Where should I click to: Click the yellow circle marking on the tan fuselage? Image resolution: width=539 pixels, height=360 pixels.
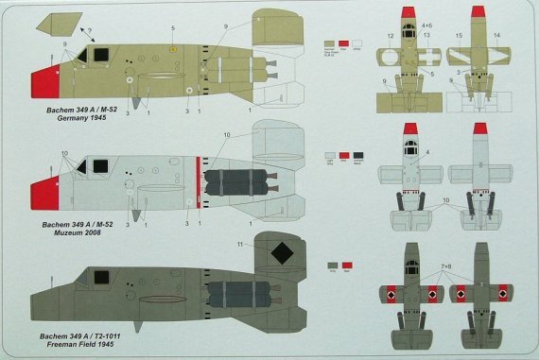coord(172,49)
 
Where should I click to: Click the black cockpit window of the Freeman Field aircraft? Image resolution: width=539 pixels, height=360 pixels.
coord(97,276)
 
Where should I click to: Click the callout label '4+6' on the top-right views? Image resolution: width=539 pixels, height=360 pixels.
coord(401,25)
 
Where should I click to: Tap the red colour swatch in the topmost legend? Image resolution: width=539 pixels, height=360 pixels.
coord(344,43)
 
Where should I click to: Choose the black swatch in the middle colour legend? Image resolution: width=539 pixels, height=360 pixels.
coord(357,154)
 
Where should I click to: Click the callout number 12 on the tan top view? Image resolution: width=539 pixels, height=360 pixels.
coord(390,37)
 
